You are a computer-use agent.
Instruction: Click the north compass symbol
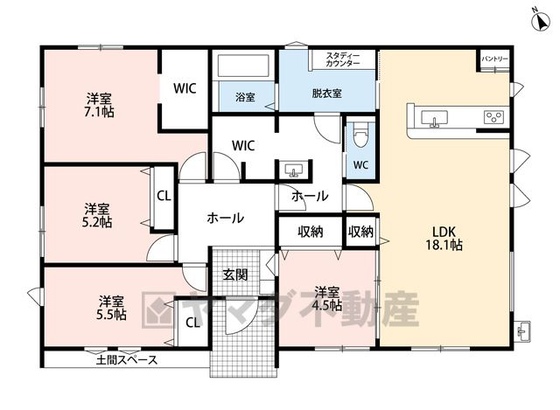tap(542, 20)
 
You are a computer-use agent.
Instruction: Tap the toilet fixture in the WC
tap(360, 135)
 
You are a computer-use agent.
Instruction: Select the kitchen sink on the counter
tap(434, 119)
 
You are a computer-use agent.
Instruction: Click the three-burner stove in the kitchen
tap(493, 117)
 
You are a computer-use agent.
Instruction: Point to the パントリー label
tap(494, 59)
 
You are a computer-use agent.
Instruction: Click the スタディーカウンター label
tap(343, 59)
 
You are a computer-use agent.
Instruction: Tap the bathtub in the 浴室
tap(243, 66)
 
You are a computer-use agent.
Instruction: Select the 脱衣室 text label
tap(326, 94)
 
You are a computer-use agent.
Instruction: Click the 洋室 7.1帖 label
tap(99, 105)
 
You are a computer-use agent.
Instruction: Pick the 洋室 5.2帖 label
tap(97, 215)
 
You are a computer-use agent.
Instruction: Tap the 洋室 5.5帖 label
tap(111, 308)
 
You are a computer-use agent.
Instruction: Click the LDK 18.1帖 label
tap(444, 238)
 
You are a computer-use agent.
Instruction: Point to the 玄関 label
tap(235, 274)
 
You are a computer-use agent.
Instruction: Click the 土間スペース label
tap(127, 359)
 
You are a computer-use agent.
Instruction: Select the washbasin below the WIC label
tap(294, 170)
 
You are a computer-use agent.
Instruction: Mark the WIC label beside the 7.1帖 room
tap(185, 88)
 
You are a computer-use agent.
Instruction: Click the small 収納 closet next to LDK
tap(360, 232)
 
